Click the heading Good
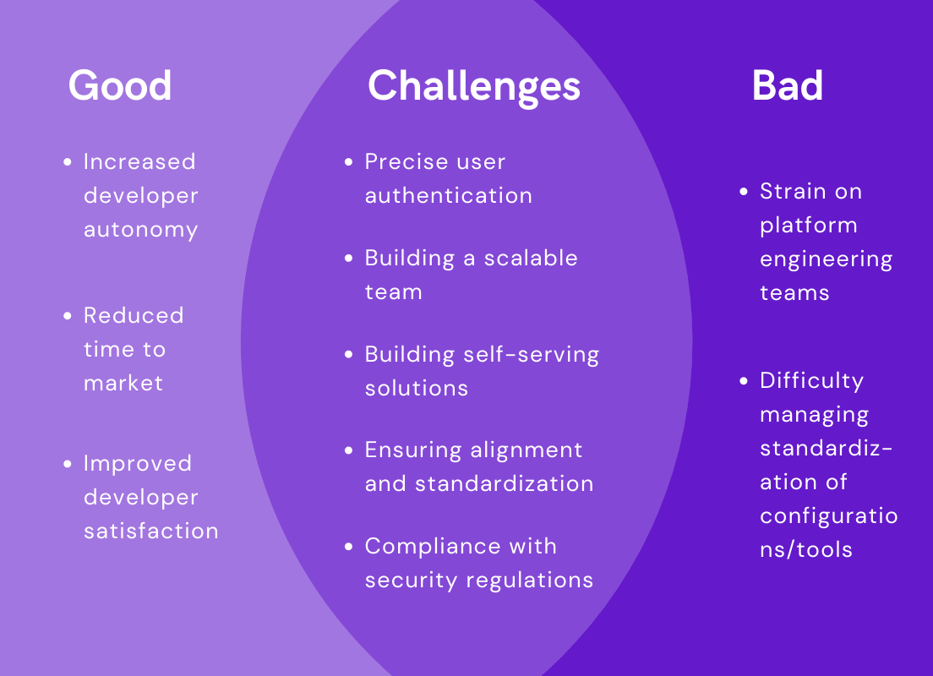pos(119,85)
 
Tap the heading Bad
pos(787,85)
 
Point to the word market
pos(123,384)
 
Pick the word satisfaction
pos(150,532)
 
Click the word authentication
pos(448,196)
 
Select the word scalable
pos(532,259)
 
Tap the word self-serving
pos(532,355)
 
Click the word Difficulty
pos(811,381)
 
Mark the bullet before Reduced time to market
pos(68,316)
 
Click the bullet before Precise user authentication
pos(349,162)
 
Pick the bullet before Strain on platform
pos(744,192)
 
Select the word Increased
pos(139,162)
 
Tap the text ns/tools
pos(805,550)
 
